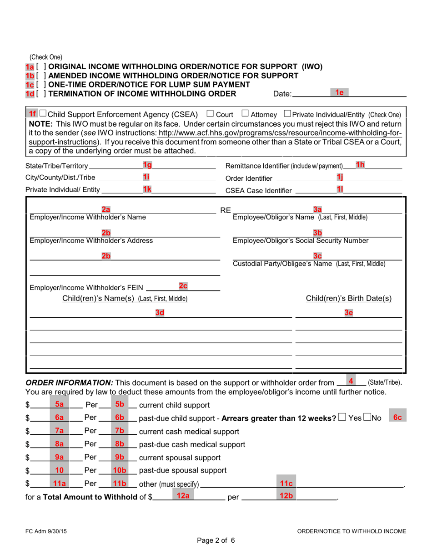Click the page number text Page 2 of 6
(x=216, y=540)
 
